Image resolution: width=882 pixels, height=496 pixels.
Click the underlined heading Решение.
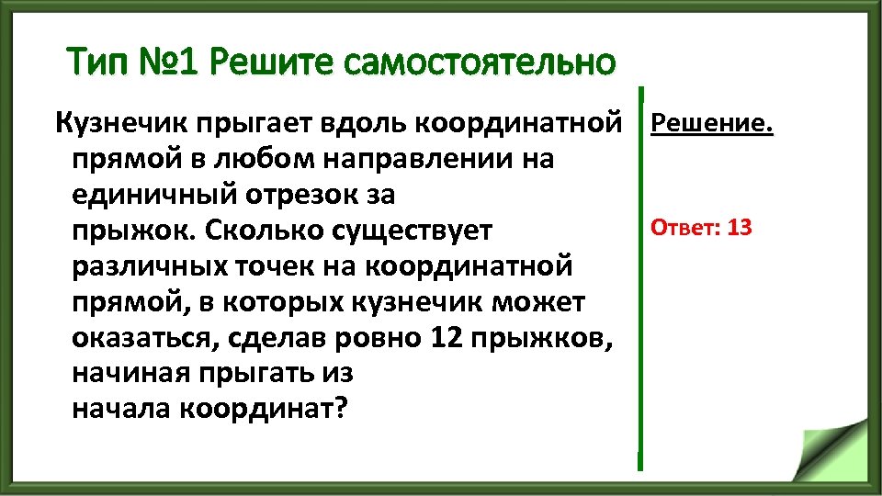point(712,122)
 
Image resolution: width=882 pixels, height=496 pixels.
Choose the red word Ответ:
point(684,227)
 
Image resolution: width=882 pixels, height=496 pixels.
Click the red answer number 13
point(739,227)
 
